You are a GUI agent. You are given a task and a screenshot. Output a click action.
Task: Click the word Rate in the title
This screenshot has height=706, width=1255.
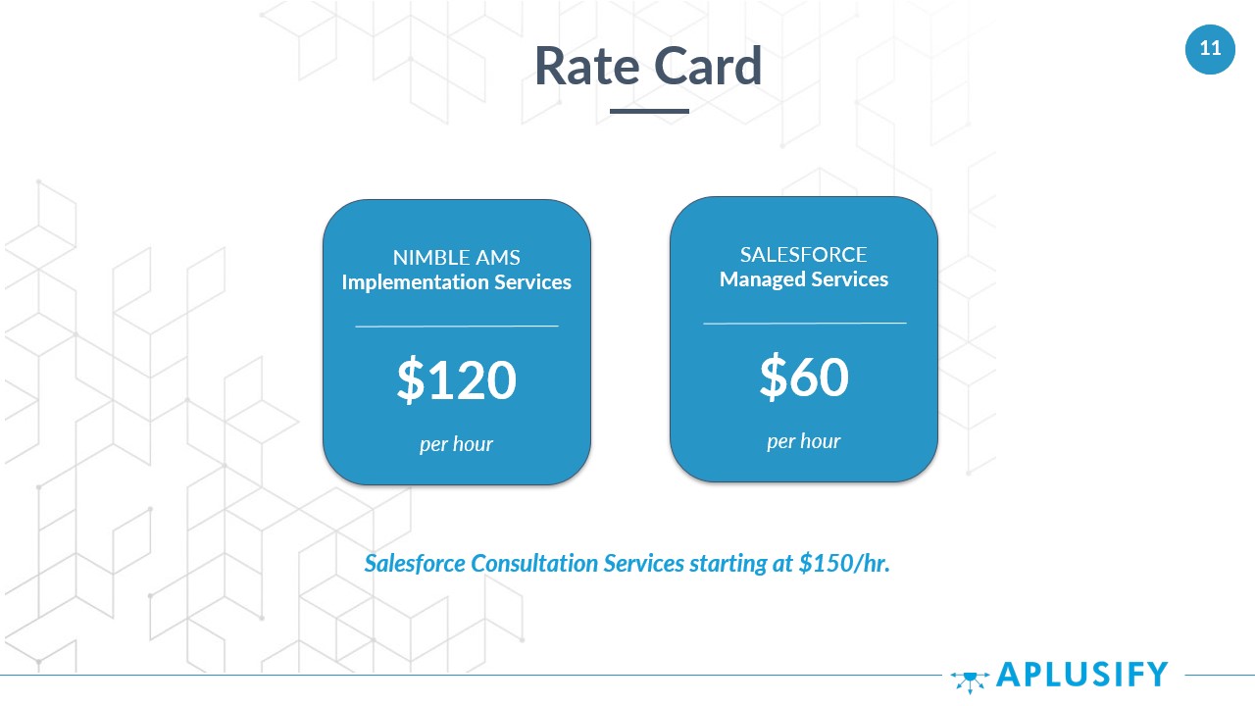point(587,66)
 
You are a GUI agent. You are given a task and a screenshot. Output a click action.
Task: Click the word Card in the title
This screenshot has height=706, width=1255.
point(708,66)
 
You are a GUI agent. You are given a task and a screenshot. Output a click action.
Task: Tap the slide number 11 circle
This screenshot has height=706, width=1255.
point(1210,49)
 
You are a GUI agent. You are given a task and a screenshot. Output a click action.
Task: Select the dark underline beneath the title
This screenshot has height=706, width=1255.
point(649,111)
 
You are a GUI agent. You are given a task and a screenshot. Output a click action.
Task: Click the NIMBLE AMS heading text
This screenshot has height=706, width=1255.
point(457,258)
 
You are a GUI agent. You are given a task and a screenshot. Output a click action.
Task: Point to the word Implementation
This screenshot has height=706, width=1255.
point(415,282)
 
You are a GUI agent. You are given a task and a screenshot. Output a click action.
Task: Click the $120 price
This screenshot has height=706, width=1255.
point(457,379)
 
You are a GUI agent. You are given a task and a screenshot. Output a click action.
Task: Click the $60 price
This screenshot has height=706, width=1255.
point(804,378)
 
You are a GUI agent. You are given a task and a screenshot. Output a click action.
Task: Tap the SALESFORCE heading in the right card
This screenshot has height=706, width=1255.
point(803,255)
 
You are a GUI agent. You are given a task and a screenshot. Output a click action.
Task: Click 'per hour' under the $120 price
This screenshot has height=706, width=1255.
point(457,444)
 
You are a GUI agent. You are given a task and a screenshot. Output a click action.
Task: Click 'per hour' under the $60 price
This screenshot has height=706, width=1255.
point(804,441)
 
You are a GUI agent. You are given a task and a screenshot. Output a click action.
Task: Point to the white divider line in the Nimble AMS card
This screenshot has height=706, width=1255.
point(457,326)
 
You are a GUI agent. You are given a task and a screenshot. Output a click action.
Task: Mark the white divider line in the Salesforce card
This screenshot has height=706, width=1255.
point(805,324)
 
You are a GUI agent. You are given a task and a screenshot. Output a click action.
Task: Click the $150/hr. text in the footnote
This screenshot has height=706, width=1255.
point(844,563)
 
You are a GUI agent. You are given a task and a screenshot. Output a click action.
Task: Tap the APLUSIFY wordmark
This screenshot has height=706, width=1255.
point(1082,674)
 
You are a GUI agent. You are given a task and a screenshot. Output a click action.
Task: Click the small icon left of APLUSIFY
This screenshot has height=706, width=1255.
point(970,681)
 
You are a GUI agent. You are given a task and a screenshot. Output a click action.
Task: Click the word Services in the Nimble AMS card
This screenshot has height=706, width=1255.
point(532,282)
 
